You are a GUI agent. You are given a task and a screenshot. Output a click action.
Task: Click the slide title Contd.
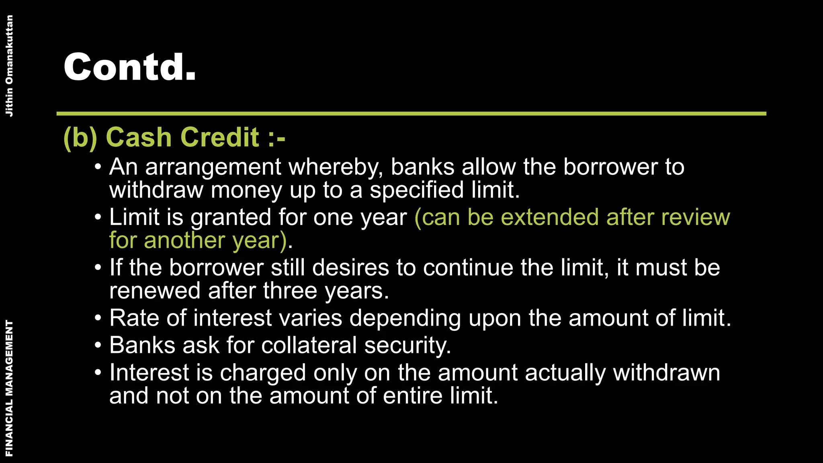[130, 67]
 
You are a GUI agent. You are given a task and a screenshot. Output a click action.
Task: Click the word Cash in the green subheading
[139, 137]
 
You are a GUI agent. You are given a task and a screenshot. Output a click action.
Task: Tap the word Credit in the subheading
[222, 137]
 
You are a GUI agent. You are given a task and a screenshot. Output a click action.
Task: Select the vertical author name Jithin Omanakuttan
[9, 66]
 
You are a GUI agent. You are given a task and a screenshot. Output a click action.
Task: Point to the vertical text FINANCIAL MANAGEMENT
[9, 388]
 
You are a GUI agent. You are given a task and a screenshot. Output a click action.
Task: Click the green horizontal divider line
[411, 114]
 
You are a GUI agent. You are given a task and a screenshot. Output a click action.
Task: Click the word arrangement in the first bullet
[213, 167]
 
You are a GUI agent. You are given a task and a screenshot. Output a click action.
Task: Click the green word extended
[549, 217]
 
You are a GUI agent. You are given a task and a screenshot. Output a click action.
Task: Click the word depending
[405, 319]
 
